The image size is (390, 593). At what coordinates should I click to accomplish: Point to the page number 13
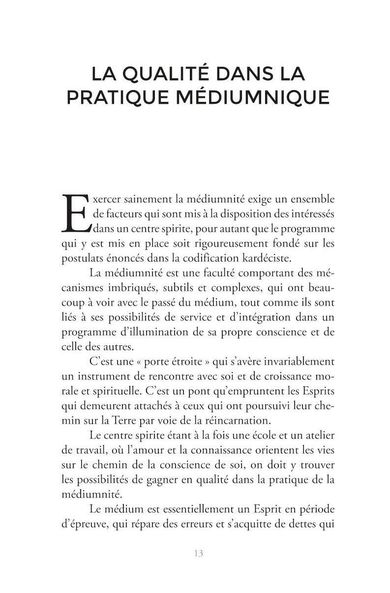198,553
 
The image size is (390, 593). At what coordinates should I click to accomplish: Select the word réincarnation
238,420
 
